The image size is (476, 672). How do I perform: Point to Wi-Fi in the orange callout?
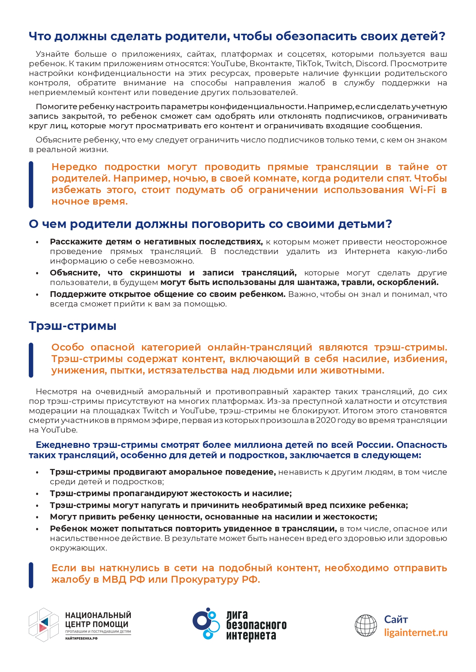(x=422, y=190)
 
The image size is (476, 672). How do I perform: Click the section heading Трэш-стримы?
(x=72, y=326)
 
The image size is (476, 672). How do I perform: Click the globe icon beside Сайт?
(x=366, y=625)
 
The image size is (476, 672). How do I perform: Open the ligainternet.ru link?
(x=416, y=633)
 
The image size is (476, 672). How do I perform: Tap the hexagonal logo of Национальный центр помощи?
(x=43, y=624)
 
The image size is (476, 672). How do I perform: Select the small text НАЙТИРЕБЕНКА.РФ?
(x=81, y=638)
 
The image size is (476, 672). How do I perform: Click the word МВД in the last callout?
(x=114, y=579)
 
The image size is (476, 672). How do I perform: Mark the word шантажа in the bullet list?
(x=310, y=282)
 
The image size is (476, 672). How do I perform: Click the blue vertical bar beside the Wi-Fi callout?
(x=31, y=184)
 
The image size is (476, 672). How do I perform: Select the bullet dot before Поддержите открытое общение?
(x=37, y=295)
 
